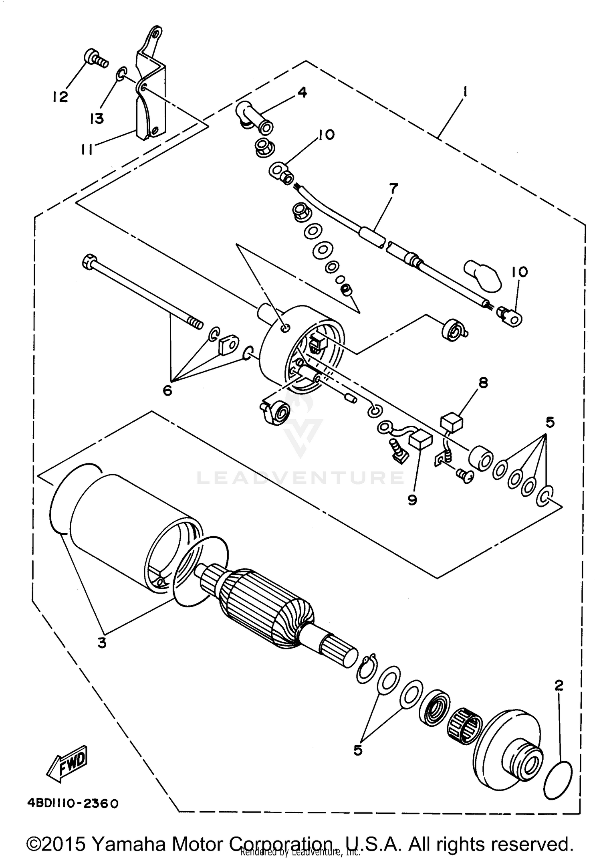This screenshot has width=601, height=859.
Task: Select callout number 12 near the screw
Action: [x=60, y=97]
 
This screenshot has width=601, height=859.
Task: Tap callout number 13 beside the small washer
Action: [x=97, y=118]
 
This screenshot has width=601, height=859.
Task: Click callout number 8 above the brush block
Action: [x=483, y=383]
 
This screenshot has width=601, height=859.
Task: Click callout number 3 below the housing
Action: [x=102, y=643]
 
